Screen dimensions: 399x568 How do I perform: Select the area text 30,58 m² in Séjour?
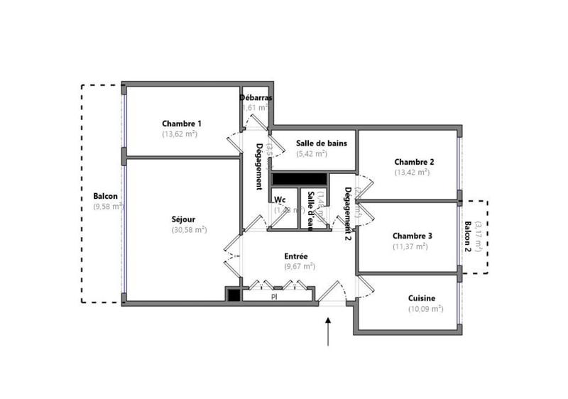[x=188, y=230]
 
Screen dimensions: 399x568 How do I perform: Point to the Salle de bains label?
[x=321, y=143]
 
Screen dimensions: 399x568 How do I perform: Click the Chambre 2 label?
[x=413, y=161]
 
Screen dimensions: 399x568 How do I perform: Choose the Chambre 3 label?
[x=413, y=236]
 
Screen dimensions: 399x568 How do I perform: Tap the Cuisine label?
[x=422, y=298]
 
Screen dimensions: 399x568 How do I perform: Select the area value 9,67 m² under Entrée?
[x=299, y=266]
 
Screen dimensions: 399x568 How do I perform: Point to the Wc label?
[x=280, y=199]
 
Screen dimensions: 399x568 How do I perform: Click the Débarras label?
[x=256, y=97]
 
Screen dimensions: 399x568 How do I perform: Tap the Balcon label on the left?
[x=105, y=197]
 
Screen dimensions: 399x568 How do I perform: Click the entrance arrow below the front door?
[x=328, y=332]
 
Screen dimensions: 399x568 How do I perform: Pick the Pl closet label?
[x=274, y=296]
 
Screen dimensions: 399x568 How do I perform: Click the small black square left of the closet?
[x=232, y=294]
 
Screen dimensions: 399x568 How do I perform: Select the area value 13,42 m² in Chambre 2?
[x=412, y=172]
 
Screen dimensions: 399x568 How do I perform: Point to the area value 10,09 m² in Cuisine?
[x=425, y=309]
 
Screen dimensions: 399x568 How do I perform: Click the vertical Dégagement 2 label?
[x=348, y=209]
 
